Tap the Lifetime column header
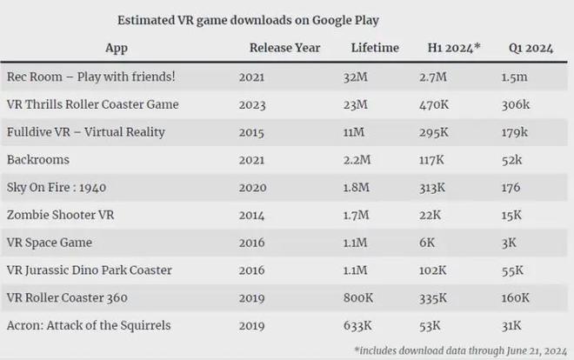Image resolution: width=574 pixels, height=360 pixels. tap(376, 48)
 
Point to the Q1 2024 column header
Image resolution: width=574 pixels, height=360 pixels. tap(531, 48)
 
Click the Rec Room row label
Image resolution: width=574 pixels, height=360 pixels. tap(90, 77)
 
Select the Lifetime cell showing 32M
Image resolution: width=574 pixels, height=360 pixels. tap(355, 77)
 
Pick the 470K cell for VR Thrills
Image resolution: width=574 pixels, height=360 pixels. tap(432, 104)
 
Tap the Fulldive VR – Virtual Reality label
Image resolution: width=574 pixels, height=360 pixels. tap(85, 132)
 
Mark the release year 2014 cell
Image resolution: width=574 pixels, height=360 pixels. tap(252, 215)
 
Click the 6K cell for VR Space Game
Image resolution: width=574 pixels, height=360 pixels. tap(426, 243)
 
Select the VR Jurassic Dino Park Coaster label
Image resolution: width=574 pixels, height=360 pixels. tap(89, 270)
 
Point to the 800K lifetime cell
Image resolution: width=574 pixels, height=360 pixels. tap(359, 297)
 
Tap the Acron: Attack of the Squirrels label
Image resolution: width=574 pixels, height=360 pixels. tap(89, 325)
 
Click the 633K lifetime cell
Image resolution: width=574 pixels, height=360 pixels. tap(358, 325)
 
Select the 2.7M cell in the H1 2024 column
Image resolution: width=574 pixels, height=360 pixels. tap(433, 77)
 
